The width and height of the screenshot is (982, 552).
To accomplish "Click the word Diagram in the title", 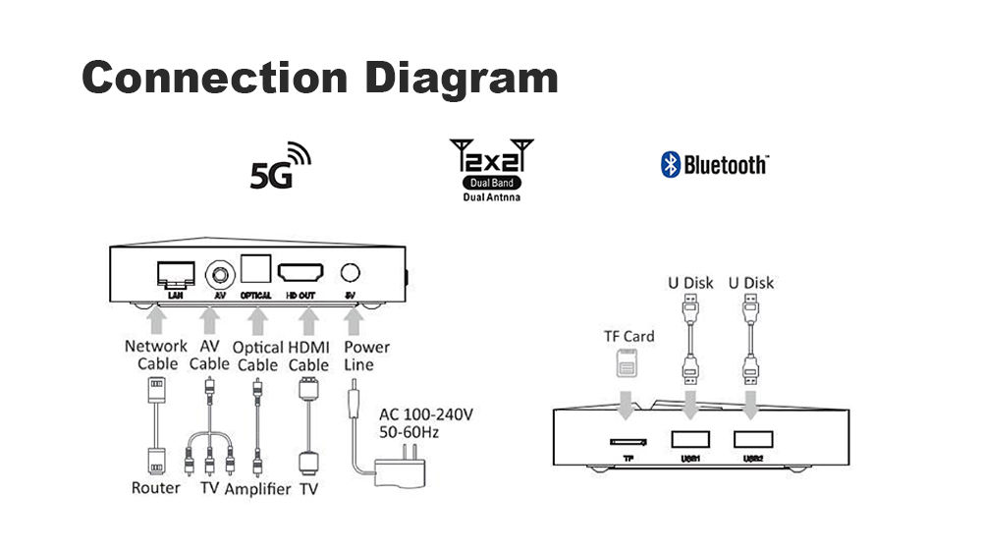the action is coord(461,80).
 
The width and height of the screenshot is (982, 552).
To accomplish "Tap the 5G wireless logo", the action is coord(280,166).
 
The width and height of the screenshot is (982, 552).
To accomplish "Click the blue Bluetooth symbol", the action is coord(670,165).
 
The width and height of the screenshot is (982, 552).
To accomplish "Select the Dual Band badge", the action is coord(492,183).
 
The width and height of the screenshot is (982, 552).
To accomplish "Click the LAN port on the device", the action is coord(176,274).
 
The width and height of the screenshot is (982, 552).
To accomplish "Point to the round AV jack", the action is coord(220,274).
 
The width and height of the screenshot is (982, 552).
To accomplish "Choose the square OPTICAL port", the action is coord(256,269).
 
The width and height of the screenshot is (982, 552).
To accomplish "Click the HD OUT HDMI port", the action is coord(300,272).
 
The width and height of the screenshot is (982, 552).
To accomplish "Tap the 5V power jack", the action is coord(351,272).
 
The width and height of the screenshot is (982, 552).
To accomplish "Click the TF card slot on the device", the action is coord(628,442).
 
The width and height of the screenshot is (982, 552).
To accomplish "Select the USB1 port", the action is coord(690,439).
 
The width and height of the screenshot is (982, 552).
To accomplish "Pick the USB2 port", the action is coord(753,439).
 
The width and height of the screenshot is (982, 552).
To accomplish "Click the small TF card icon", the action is coord(627,363).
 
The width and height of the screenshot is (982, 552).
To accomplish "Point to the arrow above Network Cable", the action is coord(156,321).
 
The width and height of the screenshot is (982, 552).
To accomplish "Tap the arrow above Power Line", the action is coord(354,321).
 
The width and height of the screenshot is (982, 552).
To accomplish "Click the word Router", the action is coord(155,487).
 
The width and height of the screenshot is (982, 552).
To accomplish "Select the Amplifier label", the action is coord(257,489).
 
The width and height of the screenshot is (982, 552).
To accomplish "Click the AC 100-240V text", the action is coord(426,414).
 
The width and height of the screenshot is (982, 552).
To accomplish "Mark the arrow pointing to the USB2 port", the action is coord(751,405).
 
